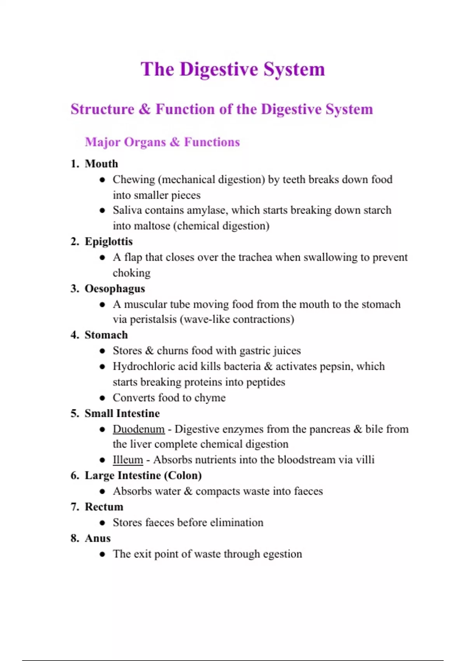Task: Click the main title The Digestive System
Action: click(233, 69)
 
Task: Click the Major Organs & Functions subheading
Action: click(162, 142)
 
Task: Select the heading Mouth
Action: click(101, 164)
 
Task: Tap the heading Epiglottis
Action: click(108, 241)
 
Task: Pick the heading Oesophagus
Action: click(115, 289)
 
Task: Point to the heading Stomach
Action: click(106, 335)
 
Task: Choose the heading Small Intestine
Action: click(122, 413)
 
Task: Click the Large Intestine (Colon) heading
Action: click(143, 476)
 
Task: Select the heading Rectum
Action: click(104, 507)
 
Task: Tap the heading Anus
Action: click(97, 538)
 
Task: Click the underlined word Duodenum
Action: click(139, 429)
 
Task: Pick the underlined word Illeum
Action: click(128, 460)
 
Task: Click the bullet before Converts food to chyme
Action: click(102, 398)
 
